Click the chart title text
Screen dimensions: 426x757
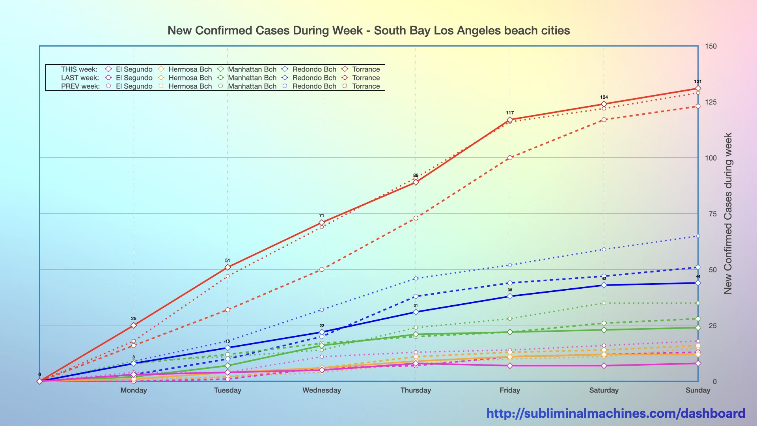pos(369,31)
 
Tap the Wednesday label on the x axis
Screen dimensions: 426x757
pos(321,390)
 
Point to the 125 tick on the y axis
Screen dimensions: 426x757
pos(710,102)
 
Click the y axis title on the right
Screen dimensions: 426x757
pos(728,213)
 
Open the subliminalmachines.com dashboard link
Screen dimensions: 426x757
pos(615,413)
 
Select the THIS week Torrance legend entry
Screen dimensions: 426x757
pos(361,69)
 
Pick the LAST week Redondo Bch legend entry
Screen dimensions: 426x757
pos(310,78)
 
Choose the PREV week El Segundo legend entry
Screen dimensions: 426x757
pos(129,86)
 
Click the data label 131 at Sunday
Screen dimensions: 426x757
pos(697,82)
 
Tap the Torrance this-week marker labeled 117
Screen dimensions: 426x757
pos(510,120)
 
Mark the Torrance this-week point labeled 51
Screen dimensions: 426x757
pos(227,267)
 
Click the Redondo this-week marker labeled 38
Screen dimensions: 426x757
pos(510,296)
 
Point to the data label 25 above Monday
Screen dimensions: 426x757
pos(134,318)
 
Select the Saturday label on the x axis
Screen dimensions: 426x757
pos(604,390)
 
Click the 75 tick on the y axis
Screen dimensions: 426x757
pos(712,214)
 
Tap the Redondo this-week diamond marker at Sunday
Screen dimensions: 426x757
pos(698,283)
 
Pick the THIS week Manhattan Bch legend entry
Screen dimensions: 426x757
pos(247,69)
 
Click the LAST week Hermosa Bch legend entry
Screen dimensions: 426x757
pos(185,78)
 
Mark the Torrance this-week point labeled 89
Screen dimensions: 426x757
pos(416,182)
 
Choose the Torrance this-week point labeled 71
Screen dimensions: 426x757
pos(322,222)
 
